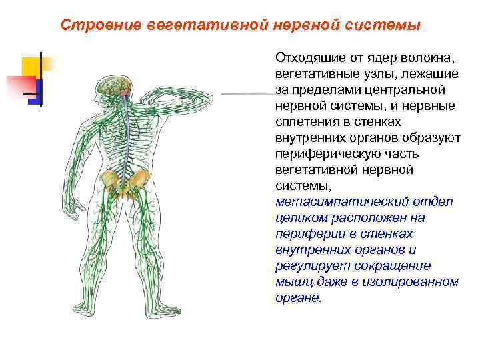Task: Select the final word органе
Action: point(298,298)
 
